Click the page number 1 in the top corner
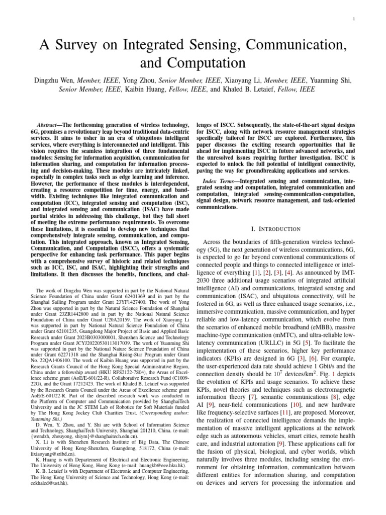354,20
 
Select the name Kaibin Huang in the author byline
144,90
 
